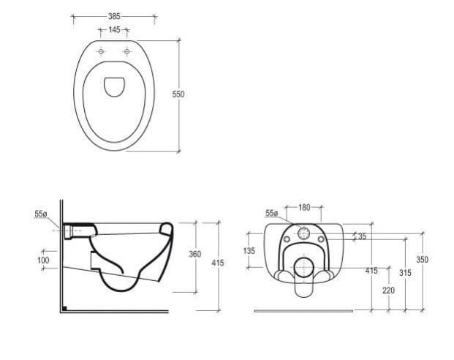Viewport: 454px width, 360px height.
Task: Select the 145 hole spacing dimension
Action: click(113, 30)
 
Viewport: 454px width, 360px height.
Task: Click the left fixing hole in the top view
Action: click(101, 52)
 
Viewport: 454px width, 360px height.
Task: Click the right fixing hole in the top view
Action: click(126, 52)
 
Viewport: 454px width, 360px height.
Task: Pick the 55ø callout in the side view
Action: click(41, 214)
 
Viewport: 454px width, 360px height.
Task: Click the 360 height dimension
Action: click(195, 255)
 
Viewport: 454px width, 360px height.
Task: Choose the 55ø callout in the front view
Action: click(271, 213)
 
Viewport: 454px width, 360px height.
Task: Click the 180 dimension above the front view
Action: click(304, 207)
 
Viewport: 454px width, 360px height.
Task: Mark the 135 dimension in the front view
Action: click(249, 251)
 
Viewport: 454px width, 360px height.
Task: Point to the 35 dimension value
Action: click(363, 236)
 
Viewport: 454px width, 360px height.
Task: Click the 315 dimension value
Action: click(406, 272)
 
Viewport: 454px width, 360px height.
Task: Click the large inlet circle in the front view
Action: click(304, 235)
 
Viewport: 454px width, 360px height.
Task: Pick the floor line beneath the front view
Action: click(303, 311)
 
